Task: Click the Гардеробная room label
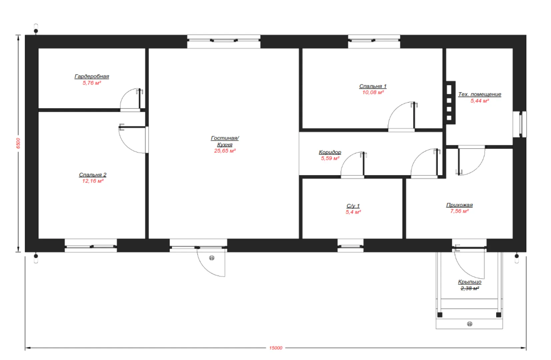pyautogui.click(x=92, y=76)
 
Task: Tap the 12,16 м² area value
pyautogui.click(x=93, y=181)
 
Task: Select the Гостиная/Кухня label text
pyautogui.click(x=225, y=141)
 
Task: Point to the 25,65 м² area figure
pyautogui.click(x=225, y=151)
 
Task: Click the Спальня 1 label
pyautogui.click(x=373, y=86)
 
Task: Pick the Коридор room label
pyautogui.click(x=330, y=152)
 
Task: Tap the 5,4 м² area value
pyautogui.click(x=353, y=212)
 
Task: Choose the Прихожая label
pyautogui.click(x=459, y=205)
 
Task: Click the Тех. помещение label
pyautogui.click(x=479, y=94)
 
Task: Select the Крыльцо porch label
pyautogui.click(x=470, y=282)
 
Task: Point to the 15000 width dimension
pyautogui.click(x=275, y=348)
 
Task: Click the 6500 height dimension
pyautogui.click(x=18, y=143)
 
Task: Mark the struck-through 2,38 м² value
pyautogui.click(x=470, y=288)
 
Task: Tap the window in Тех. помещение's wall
pyautogui.click(x=520, y=124)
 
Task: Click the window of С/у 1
pyautogui.click(x=350, y=245)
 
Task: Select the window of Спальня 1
pyautogui.click(x=374, y=41)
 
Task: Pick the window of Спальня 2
pyautogui.click(x=91, y=245)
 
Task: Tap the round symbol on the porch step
pyautogui.click(x=470, y=324)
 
